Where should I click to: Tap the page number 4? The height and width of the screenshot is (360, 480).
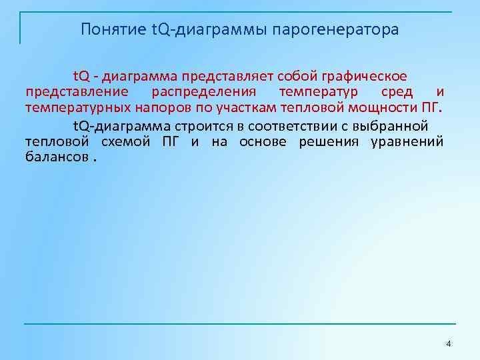click(448, 343)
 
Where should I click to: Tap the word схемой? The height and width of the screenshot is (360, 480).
click(126, 141)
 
